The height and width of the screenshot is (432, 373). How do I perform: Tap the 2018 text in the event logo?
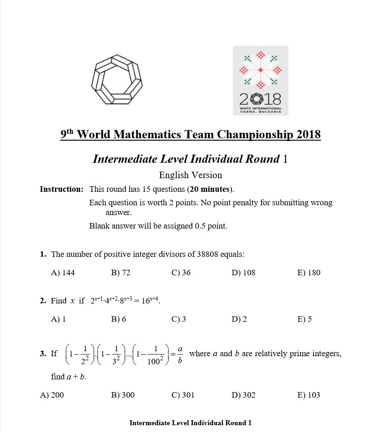(x=261, y=98)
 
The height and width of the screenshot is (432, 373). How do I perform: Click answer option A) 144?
(x=63, y=273)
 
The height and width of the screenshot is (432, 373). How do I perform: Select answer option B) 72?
(x=121, y=273)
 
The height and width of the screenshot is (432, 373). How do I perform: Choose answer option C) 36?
(x=181, y=273)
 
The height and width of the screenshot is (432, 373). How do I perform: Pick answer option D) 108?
(x=243, y=273)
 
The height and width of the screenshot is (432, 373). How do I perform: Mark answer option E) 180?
(x=309, y=273)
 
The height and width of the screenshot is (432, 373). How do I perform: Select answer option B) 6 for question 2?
(x=118, y=319)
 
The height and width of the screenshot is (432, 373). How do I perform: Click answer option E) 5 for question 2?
(x=304, y=319)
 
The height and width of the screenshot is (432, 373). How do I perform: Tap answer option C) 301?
(x=183, y=395)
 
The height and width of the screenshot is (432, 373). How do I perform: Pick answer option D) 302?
(x=243, y=395)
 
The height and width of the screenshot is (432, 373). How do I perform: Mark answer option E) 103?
(x=309, y=395)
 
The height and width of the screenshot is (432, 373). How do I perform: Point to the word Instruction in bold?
(x=62, y=189)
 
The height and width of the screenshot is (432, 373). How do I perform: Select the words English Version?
(x=190, y=175)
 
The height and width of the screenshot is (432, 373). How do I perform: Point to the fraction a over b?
(x=180, y=354)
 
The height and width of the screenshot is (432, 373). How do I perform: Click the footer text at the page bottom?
(x=190, y=423)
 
